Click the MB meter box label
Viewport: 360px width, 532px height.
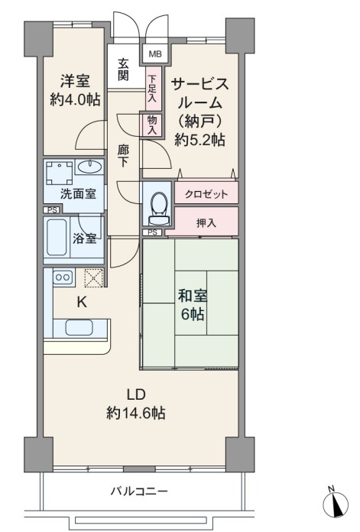tap(155, 54)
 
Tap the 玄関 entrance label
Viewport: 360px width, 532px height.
tap(123, 70)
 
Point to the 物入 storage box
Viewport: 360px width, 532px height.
tap(152, 125)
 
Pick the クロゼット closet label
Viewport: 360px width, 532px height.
tap(206, 194)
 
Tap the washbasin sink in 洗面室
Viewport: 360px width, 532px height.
tap(89, 167)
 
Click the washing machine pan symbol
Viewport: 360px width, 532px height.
tap(60, 173)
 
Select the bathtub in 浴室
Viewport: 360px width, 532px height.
tap(57, 237)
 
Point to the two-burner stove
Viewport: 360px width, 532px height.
tap(63, 277)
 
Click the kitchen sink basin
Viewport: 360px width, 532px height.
tap(79, 327)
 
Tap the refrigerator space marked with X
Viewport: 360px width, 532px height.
tap(93, 277)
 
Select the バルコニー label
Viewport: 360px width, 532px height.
tap(139, 491)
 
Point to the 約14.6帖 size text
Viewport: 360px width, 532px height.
tap(136, 413)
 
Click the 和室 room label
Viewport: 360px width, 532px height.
tap(192, 296)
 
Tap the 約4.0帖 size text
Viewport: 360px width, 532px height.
tap(75, 99)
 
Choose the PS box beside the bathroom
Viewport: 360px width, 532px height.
tap(51, 210)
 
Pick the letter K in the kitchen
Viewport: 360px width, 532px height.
tap(82, 302)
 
